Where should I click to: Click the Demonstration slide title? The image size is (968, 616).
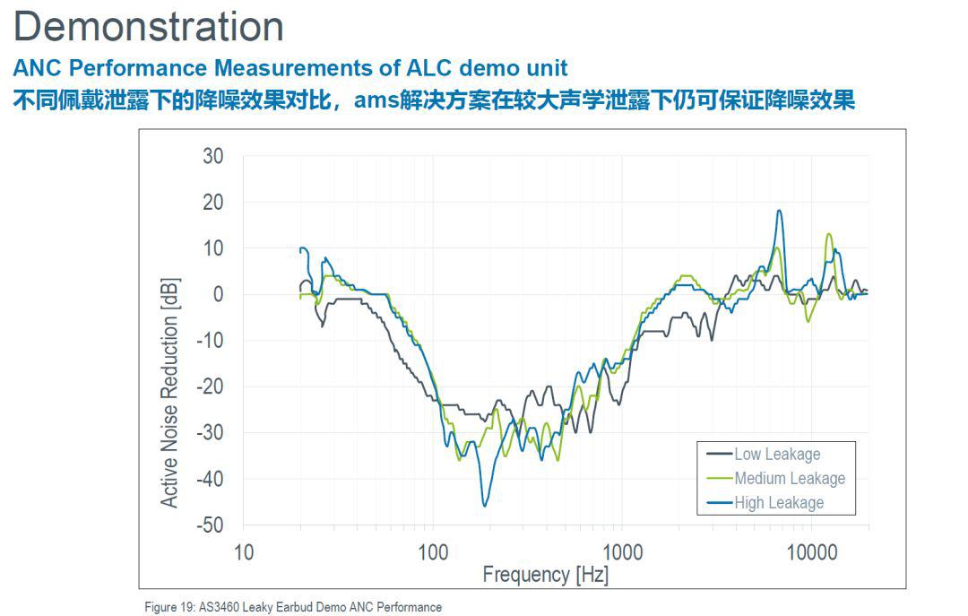[x=149, y=27]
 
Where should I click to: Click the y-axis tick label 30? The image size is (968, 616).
[x=212, y=156]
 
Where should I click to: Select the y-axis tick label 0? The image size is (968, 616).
[x=218, y=294]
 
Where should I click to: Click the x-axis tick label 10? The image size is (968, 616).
[x=244, y=552]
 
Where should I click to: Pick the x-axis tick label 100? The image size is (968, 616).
[x=433, y=552]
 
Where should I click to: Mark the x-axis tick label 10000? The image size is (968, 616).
[x=811, y=552]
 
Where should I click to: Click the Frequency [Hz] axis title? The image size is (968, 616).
[x=545, y=575]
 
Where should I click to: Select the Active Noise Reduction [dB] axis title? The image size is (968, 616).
[x=169, y=393]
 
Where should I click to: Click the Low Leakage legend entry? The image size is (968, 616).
[x=776, y=455]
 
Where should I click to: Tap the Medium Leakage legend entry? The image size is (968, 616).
[x=789, y=479]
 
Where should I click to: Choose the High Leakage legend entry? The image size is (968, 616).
[x=778, y=503]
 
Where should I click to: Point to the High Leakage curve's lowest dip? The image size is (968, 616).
[x=485, y=506]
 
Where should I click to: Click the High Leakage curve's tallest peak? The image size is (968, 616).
[x=779, y=211]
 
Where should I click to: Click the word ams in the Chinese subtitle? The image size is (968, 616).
[x=376, y=100]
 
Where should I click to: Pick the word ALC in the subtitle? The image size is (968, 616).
[x=427, y=68]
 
